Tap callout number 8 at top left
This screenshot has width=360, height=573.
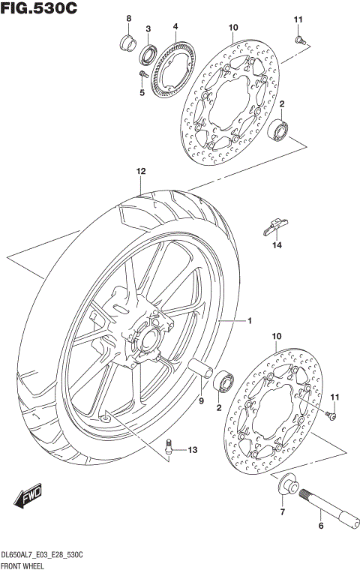(x=128, y=18)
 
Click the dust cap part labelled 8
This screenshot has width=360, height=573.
(x=127, y=41)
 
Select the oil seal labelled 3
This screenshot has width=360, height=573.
(x=148, y=55)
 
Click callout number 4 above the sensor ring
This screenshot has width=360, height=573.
(x=175, y=26)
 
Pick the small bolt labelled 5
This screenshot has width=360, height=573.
(x=142, y=73)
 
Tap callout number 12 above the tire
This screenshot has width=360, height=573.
(x=139, y=171)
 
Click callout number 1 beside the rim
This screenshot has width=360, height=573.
(x=250, y=321)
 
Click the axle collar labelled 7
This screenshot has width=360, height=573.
(x=286, y=485)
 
